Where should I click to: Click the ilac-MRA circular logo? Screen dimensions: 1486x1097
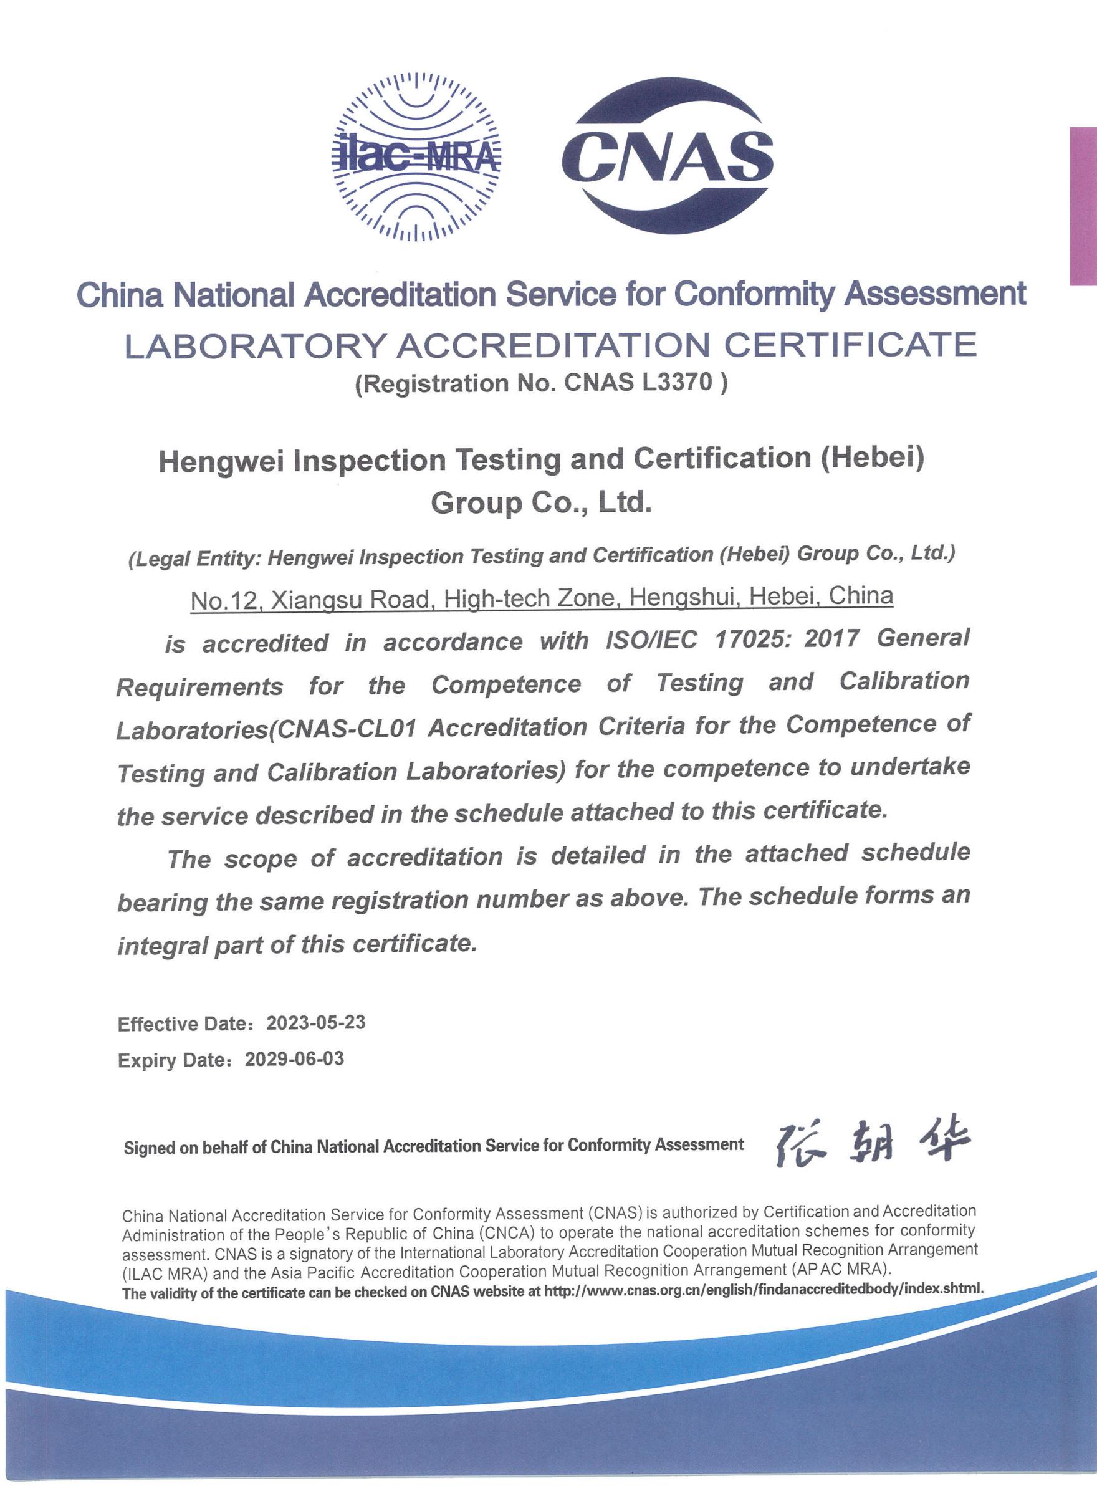[416, 156]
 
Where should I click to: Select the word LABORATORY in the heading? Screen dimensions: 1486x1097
[256, 346]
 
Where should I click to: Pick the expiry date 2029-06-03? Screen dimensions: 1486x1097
[295, 1058]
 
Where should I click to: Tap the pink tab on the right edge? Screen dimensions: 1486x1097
[1083, 206]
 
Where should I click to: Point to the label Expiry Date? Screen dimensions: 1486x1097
[173, 1060]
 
